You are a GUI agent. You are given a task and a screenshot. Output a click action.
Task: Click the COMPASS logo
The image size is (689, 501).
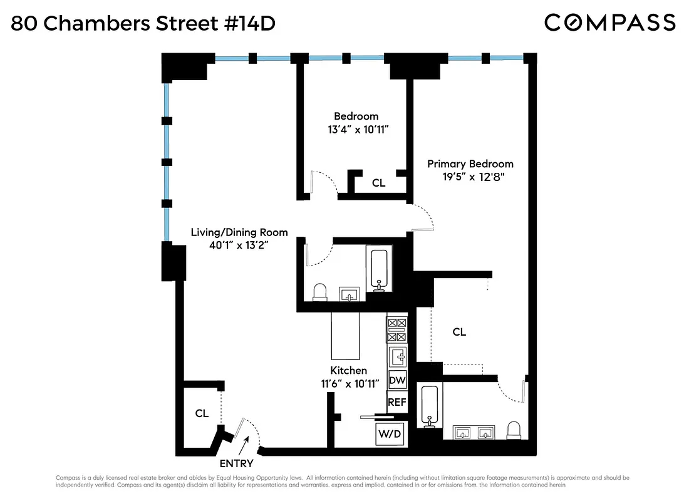coord(609,23)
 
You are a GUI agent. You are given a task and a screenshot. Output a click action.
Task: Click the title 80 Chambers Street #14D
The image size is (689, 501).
coord(143,24)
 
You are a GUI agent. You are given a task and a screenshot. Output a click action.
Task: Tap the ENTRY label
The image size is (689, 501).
coord(236,463)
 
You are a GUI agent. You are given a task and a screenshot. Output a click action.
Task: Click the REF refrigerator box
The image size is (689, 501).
coord(397,403)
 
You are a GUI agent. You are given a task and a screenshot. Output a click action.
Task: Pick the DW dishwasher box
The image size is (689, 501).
coord(397,380)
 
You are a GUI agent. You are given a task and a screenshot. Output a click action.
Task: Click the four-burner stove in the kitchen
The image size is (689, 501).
coord(397,329)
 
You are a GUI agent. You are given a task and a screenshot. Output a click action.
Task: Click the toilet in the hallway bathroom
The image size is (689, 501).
coord(320,292)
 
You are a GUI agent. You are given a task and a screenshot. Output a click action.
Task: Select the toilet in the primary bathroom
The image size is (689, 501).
coord(514,430)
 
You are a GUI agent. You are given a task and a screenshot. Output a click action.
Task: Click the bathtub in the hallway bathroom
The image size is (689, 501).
coord(378,270)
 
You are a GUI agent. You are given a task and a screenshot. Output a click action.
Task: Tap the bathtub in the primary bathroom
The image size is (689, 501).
coord(430,406)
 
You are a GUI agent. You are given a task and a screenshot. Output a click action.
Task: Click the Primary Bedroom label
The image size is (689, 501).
coord(470,164)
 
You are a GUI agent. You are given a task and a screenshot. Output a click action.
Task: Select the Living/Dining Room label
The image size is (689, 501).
coord(239,232)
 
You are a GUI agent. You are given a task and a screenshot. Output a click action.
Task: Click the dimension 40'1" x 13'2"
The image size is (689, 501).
coord(239,245)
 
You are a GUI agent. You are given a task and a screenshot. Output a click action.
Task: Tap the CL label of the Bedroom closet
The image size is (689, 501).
coord(378,183)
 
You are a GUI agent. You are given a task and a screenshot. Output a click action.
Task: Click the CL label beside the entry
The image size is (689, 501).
coord(201,413)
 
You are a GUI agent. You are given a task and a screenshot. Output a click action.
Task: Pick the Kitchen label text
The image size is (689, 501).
coord(348,370)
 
